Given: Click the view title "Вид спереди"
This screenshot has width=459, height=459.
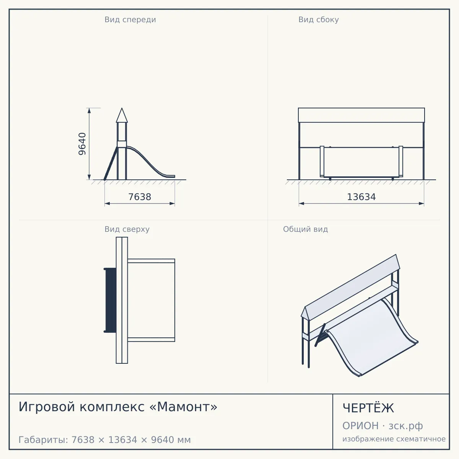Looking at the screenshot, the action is tap(130, 20).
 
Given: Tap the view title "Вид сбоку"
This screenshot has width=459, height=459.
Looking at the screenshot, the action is tap(319, 20).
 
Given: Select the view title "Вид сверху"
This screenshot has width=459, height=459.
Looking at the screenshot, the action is tap(127, 229).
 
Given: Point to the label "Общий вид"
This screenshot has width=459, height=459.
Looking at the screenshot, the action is tap(305, 229).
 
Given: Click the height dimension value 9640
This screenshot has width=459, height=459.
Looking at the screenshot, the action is tap(82, 144).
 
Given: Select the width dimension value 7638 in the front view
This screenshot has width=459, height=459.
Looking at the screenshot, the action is tap(140, 197).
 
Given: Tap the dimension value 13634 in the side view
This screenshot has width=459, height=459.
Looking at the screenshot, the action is tap(361, 197).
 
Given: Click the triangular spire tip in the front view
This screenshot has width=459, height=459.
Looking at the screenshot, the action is tap(122, 108).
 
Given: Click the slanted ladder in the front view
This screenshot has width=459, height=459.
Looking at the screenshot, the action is tap(111, 164).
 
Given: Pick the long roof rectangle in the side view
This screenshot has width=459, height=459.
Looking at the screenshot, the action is tap(361, 115).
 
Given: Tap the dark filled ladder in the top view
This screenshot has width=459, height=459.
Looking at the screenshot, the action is tap(110, 300).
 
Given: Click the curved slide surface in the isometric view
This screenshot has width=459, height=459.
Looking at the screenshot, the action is tap(371, 338).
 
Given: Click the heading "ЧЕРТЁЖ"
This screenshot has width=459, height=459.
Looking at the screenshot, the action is tap(368, 408).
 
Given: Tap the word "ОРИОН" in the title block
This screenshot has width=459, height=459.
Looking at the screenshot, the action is tap(360, 426).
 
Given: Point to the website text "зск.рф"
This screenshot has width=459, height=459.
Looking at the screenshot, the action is tap(406, 426).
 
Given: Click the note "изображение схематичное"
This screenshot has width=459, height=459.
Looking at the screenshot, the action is tap(394, 439).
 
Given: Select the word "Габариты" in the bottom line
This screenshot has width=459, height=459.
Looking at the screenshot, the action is tap(43, 440).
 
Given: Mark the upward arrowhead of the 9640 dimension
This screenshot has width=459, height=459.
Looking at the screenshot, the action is tap(89, 111).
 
